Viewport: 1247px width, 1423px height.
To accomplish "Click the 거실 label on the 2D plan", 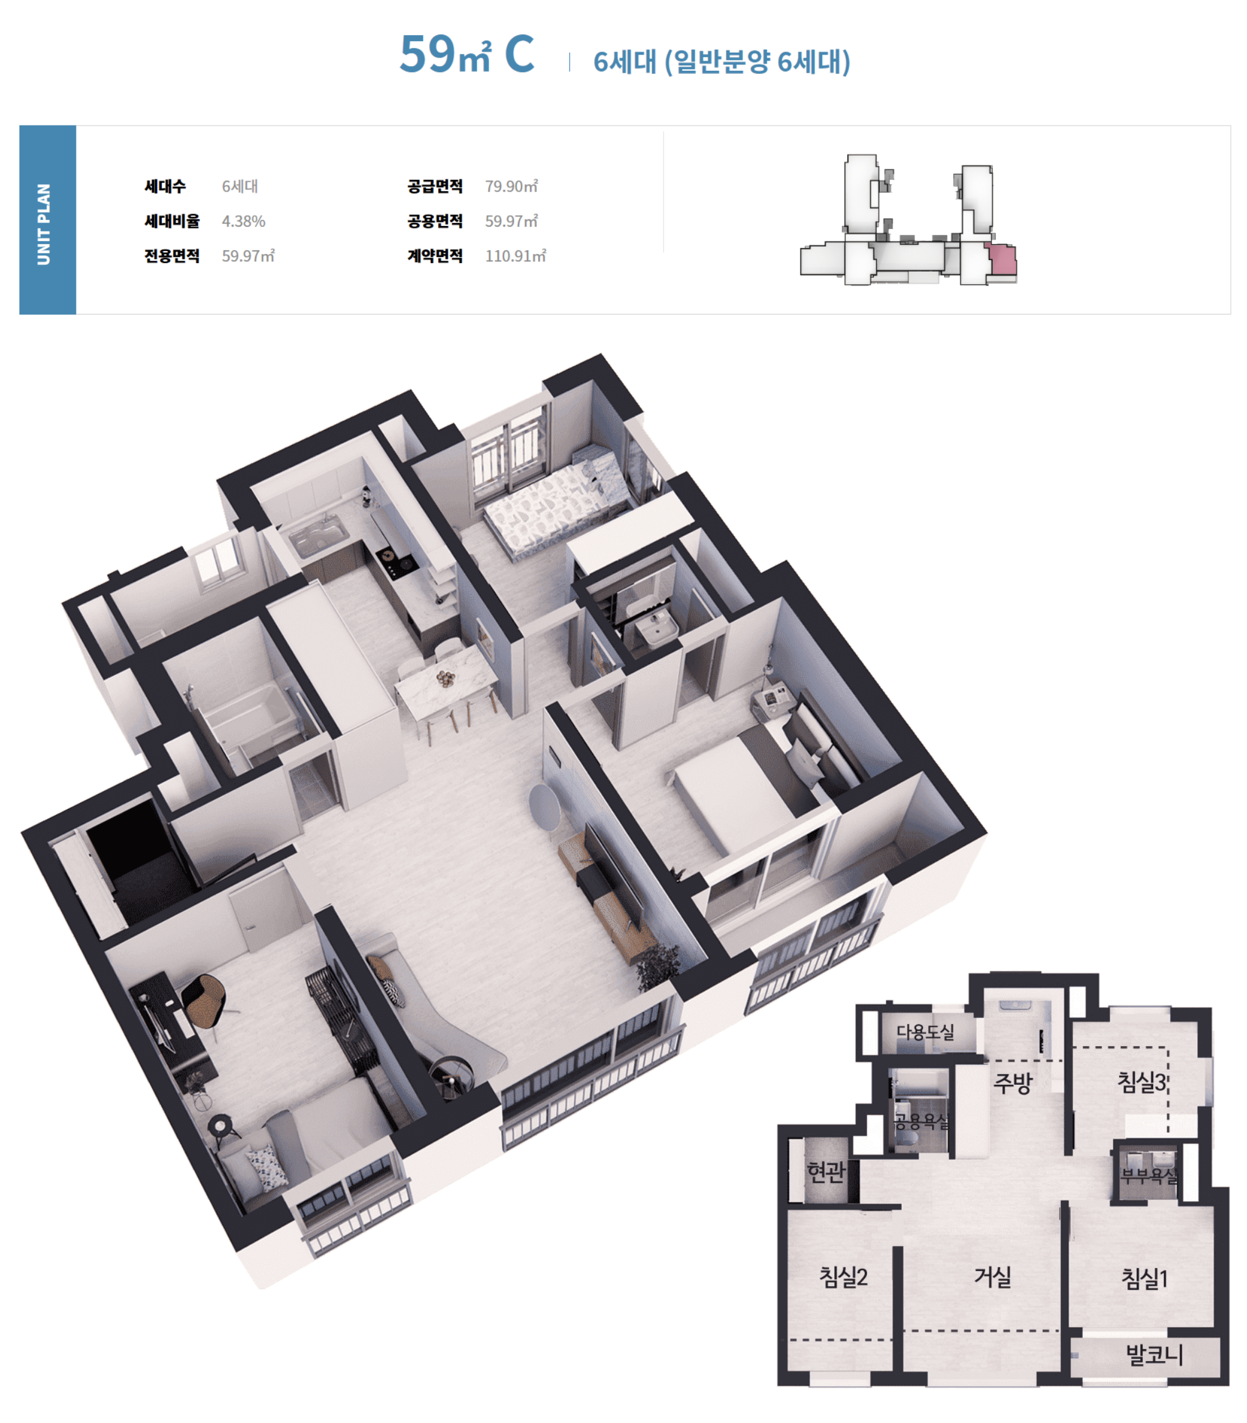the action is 993,1277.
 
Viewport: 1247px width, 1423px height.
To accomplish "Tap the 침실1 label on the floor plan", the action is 1144,1278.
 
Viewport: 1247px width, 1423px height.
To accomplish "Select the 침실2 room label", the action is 843,1277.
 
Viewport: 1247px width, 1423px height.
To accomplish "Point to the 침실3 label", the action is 1141,1081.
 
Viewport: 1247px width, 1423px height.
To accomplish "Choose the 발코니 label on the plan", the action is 1154,1355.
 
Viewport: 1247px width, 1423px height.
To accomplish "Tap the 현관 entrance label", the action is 826,1172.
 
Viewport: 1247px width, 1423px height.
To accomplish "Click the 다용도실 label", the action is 925,1031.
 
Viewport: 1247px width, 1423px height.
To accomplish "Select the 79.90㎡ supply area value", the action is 511,186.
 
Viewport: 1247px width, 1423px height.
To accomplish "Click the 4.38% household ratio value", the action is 244,221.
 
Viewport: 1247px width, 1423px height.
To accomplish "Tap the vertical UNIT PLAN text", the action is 44,224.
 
